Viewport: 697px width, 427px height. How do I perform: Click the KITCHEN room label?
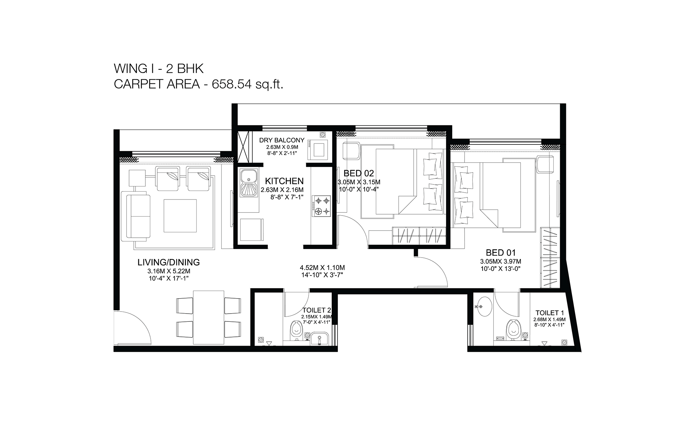[x=284, y=181]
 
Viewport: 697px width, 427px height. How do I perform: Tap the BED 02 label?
[x=359, y=173]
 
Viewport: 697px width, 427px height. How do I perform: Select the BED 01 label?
[x=500, y=253]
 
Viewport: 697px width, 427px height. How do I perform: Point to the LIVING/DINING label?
[x=169, y=262]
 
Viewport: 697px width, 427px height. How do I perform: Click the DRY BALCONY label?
[x=282, y=140]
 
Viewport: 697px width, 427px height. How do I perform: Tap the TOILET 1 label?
[x=549, y=313]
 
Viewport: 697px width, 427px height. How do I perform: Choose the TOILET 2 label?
[x=317, y=310]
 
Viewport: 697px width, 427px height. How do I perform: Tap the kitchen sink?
[x=249, y=183]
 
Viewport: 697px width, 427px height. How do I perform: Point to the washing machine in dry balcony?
[x=317, y=150]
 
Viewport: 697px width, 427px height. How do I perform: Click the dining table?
[x=209, y=317]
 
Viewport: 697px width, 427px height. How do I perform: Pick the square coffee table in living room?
[x=180, y=216]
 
